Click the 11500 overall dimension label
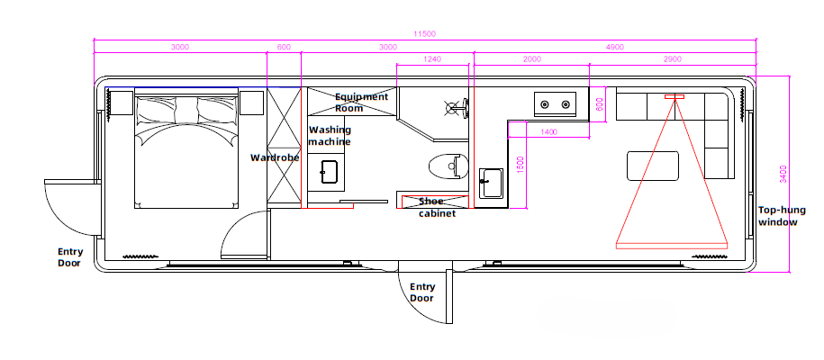tap(425, 33)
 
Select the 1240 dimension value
tap(432, 59)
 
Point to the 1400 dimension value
tap(548, 132)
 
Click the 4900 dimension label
tap(614, 47)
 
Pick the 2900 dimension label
tap(672, 59)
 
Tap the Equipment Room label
tap(361, 103)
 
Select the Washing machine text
tap(330, 136)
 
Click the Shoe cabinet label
tap(437, 207)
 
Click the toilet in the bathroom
tap(447, 166)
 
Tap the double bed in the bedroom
tap(186, 148)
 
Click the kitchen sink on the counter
tap(491, 182)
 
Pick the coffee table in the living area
tap(653, 166)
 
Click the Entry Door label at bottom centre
tap(422, 292)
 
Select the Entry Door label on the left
tap(69, 257)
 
